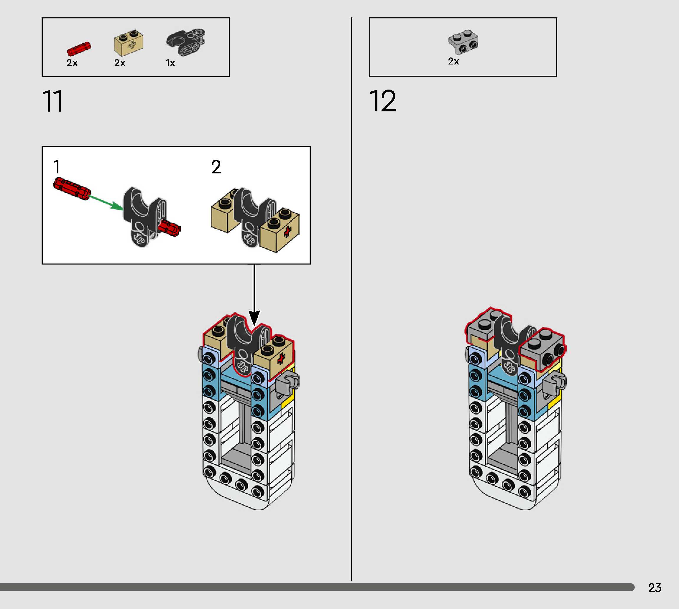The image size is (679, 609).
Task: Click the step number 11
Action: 52,101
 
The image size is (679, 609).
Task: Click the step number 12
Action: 383,101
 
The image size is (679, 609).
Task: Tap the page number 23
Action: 655,587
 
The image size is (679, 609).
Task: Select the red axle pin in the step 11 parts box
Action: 79,49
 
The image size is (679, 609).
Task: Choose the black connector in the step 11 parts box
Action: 186,42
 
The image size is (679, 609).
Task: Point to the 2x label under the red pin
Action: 72,63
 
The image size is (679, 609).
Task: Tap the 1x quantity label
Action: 170,63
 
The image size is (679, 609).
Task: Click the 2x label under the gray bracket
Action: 453,61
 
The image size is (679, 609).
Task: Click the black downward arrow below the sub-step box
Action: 254,294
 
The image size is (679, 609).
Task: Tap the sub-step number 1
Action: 57,167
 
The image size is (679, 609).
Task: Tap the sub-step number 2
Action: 216,167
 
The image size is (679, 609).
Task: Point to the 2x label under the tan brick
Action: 119,63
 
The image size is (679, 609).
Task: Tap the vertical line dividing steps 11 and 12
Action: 351,301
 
